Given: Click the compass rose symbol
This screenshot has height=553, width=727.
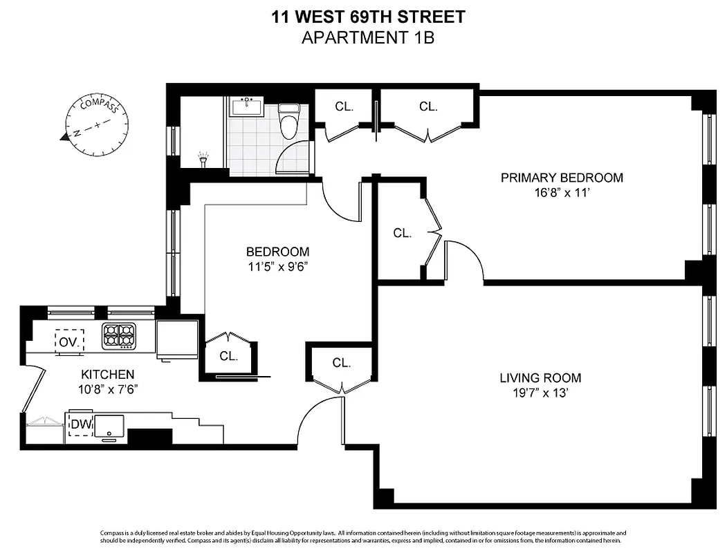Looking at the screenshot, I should (x=99, y=126).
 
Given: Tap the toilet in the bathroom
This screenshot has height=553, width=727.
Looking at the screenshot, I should (x=288, y=120).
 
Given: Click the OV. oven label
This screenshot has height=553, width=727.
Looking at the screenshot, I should (x=69, y=341).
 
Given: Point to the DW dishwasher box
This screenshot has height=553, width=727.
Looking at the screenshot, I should (x=80, y=425).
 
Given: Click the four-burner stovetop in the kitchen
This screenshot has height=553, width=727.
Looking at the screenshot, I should (x=118, y=337).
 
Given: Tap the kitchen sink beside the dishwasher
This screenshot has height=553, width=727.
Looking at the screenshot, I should (x=109, y=427).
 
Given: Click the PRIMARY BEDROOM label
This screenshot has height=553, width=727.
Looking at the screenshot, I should (x=562, y=178).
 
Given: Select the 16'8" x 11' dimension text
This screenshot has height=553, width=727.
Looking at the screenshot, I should (x=562, y=194).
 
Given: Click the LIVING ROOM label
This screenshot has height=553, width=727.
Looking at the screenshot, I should (x=540, y=378).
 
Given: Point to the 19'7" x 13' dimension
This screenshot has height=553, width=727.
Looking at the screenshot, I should (x=540, y=394).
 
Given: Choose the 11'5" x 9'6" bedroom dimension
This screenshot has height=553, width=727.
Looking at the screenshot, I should (x=277, y=268).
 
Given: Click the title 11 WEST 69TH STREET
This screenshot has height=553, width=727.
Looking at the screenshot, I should (x=367, y=16).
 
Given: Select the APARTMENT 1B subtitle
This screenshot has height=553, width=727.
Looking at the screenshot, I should (x=367, y=37).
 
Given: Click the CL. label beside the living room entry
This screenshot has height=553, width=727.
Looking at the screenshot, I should (x=341, y=363).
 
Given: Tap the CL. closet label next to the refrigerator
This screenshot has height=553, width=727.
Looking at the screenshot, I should (x=228, y=357).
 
